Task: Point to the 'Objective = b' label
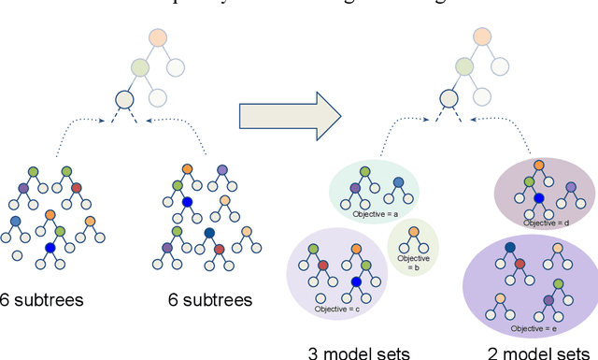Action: tap(413, 263)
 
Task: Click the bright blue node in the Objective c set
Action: tap(356, 281)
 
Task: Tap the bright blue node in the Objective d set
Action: tap(538, 198)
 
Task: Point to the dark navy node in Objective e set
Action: tap(511, 249)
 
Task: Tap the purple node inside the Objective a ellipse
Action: tap(355, 188)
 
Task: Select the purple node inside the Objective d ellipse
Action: tap(571, 188)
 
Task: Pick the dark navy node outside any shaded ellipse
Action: tap(208, 234)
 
